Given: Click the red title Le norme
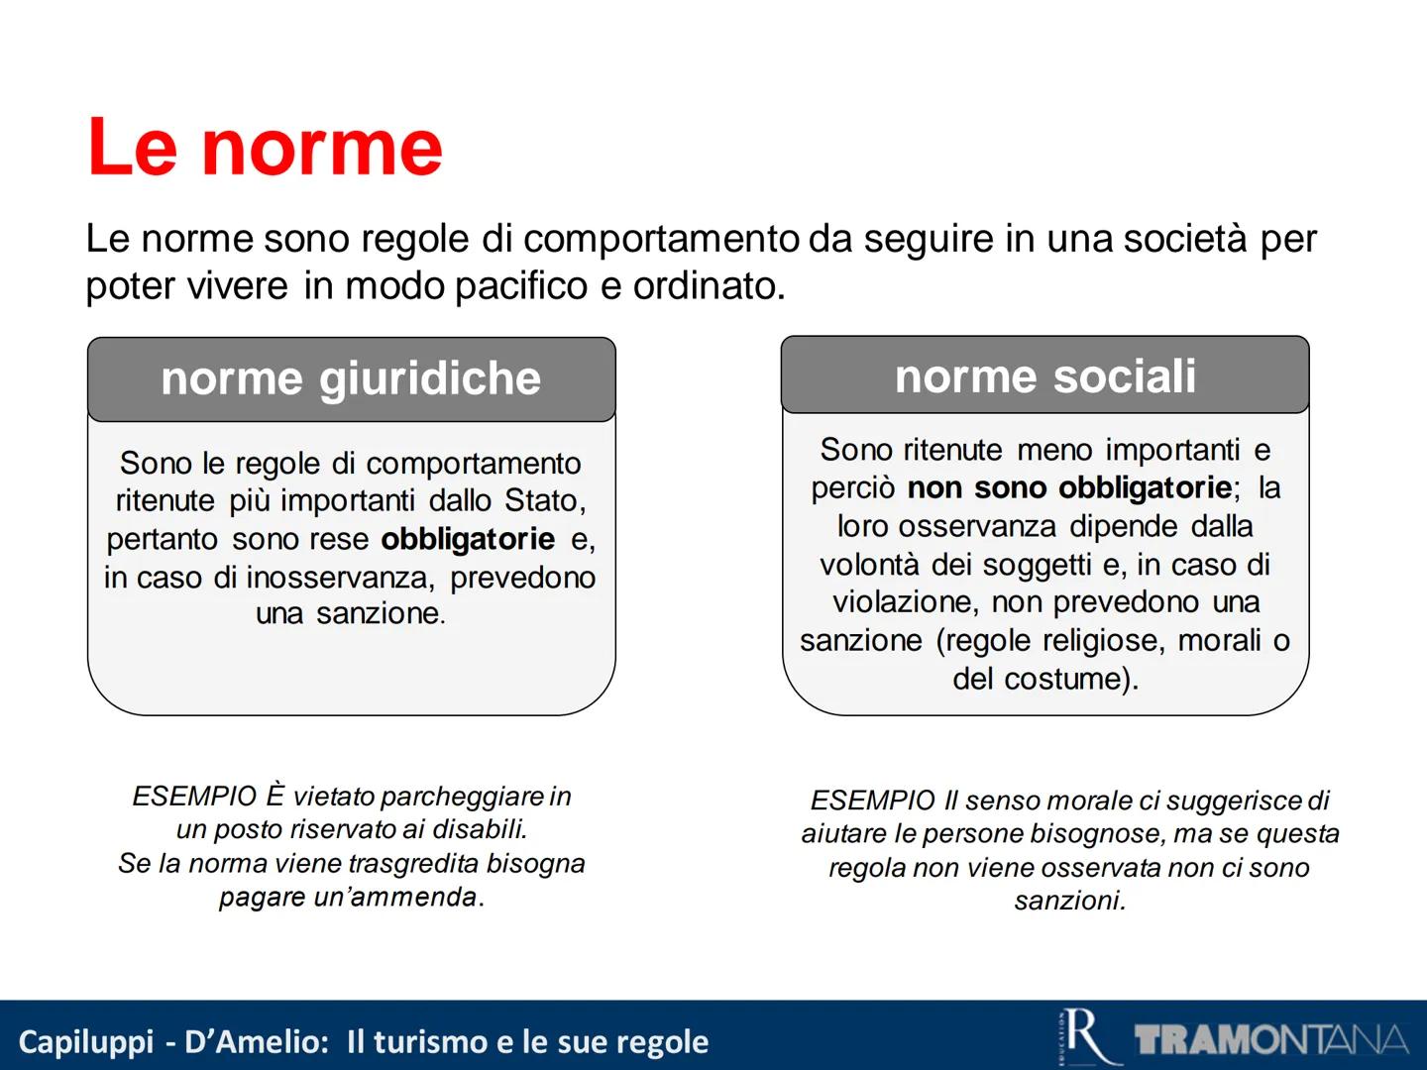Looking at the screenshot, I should click(265, 148).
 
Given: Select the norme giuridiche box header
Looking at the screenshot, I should click(351, 379).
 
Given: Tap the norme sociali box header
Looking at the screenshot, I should click(1044, 376).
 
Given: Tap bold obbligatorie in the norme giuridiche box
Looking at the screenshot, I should click(468, 539).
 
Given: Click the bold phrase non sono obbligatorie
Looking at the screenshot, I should click(1069, 487).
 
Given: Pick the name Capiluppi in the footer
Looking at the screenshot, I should click(86, 1042).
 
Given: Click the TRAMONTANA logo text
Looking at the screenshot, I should click(1271, 1040).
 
